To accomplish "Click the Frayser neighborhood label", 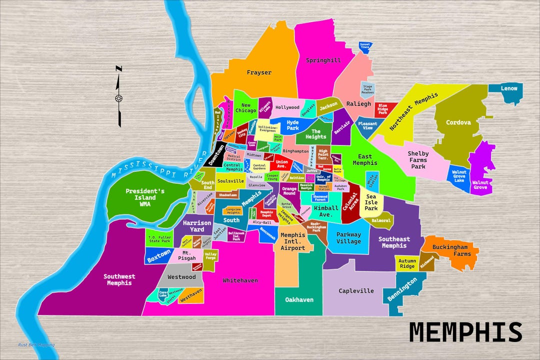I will [x=259, y=72].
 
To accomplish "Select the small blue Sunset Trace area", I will [x=365, y=46].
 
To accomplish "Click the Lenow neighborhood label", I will [x=509, y=88].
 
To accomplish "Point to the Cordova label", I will [x=458, y=122].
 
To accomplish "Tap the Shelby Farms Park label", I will [x=418, y=160].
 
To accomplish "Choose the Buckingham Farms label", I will [x=450, y=250].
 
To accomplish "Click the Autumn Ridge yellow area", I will [x=407, y=263].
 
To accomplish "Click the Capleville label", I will [x=356, y=290].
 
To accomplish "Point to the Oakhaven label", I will [x=299, y=299].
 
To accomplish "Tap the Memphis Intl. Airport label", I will [x=292, y=241].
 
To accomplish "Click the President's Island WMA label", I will [x=145, y=197].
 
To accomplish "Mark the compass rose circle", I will [x=119, y=98].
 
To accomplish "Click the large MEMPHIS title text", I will [x=465, y=332].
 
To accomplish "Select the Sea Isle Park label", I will [x=371, y=202].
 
